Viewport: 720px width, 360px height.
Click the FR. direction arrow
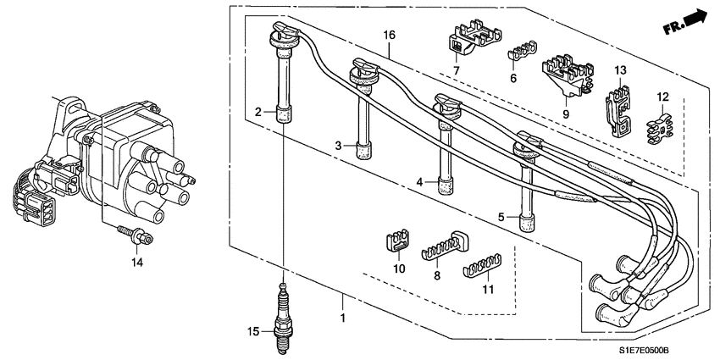(685, 22)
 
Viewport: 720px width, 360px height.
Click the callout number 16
(389, 35)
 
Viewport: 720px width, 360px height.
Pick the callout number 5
(501, 217)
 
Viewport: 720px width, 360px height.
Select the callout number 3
(337, 146)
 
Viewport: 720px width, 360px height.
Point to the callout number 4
(418, 181)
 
